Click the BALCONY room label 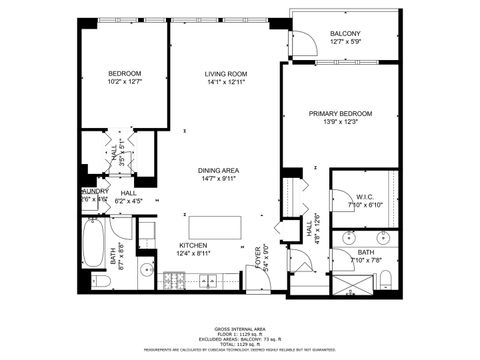point(344,34)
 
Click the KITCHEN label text point(192,245)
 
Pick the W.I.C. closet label point(365,196)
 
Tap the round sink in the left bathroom point(146,270)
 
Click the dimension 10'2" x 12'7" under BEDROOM point(125,82)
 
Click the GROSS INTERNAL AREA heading point(239,327)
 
